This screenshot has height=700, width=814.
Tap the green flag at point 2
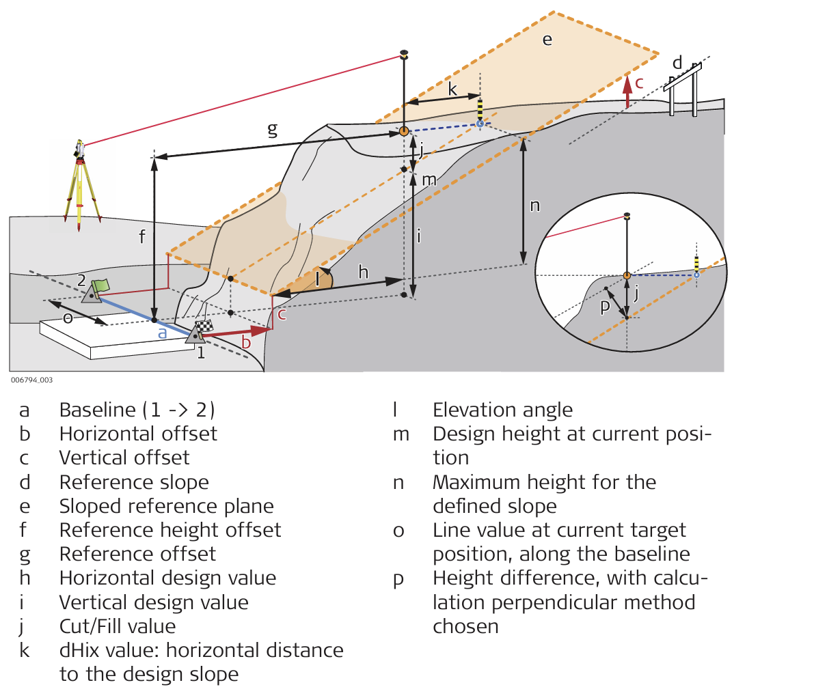101,285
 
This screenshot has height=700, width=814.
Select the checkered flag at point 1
204,327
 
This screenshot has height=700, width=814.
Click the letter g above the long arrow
272,128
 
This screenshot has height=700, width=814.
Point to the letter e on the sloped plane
547,40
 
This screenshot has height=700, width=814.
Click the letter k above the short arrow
452,89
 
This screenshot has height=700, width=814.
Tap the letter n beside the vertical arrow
534,205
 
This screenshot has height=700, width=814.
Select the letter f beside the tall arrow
142,236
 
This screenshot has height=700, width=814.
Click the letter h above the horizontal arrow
363,272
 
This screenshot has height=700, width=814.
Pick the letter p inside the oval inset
605,307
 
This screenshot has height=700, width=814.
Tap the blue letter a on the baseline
163,333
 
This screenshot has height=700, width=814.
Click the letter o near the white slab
68,318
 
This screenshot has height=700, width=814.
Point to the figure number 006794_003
31,380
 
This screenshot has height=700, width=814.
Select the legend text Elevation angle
502,410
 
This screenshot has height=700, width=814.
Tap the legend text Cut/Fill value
118,626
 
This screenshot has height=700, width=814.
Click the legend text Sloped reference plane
166,506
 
